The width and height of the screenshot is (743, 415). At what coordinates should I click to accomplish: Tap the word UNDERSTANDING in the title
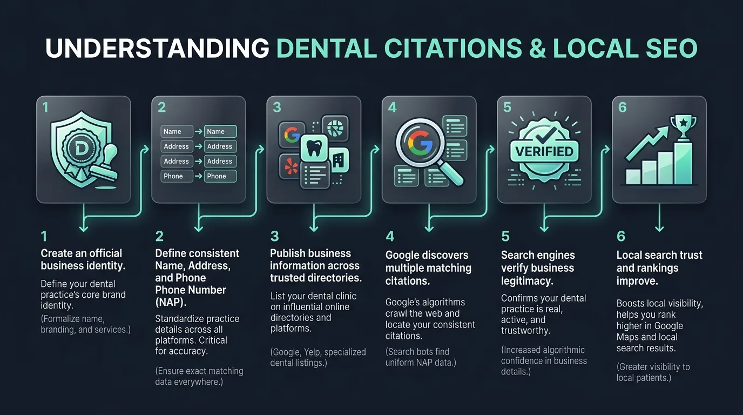[x=157, y=49]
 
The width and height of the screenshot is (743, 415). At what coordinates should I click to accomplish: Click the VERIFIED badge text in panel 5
[x=544, y=152]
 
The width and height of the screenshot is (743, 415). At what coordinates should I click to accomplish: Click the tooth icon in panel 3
[x=314, y=149]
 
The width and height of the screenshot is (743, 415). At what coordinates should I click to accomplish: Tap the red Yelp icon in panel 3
[x=291, y=166]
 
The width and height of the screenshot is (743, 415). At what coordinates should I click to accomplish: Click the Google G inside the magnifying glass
[x=420, y=143]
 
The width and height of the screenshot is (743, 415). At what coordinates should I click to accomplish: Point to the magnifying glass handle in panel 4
[x=450, y=173]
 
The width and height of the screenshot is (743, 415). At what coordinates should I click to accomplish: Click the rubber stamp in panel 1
[x=105, y=164]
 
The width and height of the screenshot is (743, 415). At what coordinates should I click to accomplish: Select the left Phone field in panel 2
[x=177, y=176]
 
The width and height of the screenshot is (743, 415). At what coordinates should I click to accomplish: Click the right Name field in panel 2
[x=220, y=131]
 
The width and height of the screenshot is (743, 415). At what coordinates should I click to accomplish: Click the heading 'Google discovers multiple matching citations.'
[x=428, y=268]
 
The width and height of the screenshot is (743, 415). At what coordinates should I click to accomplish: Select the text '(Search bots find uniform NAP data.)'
[x=421, y=357]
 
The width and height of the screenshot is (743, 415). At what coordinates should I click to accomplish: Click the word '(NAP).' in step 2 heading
[x=171, y=302]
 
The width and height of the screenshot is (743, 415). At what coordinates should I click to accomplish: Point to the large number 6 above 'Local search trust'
[x=621, y=236]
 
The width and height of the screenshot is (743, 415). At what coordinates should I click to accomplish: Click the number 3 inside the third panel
[x=277, y=108]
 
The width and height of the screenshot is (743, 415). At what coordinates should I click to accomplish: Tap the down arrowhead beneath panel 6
[x=659, y=228]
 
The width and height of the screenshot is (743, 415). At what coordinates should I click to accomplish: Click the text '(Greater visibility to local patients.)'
[x=653, y=372]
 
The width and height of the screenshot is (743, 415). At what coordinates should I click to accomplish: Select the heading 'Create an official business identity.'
[x=83, y=259]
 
